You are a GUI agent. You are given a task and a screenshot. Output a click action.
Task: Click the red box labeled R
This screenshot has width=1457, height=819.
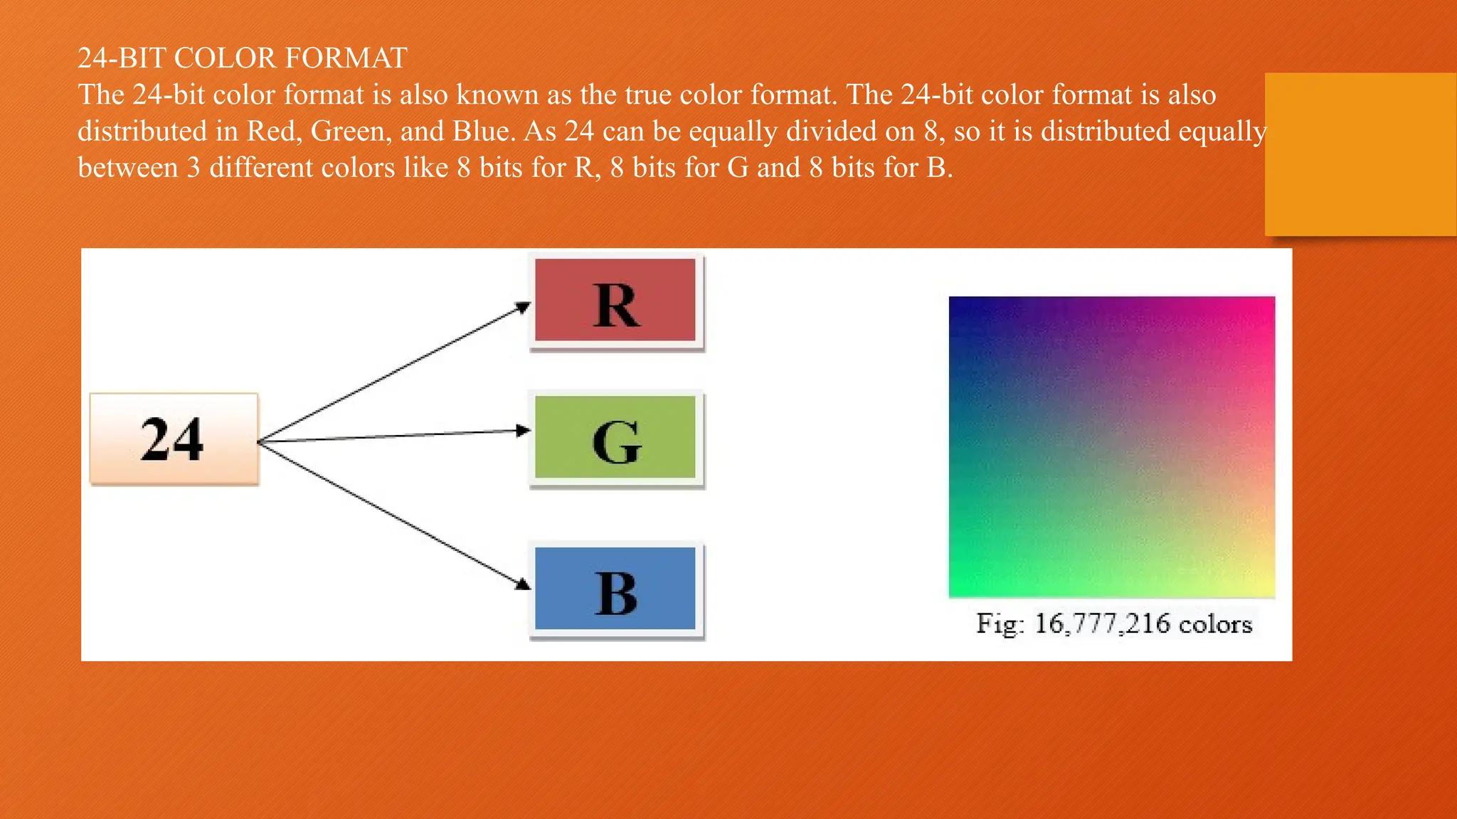click(x=615, y=301)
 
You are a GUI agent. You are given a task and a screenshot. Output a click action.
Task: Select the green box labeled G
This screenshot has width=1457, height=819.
click(x=615, y=438)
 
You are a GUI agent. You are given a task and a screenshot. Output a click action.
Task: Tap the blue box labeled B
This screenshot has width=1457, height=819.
click(x=615, y=589)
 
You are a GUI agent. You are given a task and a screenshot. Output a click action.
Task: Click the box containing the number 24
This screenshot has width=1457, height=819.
click(x=174, y=439)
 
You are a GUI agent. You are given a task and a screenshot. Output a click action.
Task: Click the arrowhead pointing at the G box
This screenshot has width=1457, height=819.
click(x=524, y=430)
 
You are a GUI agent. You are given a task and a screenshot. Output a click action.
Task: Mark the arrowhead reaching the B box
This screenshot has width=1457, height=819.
click(x=524, y=584)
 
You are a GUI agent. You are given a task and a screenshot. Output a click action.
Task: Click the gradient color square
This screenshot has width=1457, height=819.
click(x=1112, y=446)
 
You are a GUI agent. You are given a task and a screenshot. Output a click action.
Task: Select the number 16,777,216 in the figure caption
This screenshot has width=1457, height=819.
click(x=1102, y=623)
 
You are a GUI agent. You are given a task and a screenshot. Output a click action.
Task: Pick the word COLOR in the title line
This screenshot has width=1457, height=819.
click(x=225, y=58)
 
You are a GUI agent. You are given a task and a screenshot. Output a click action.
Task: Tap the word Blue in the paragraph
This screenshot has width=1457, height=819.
click(x=482, y=131)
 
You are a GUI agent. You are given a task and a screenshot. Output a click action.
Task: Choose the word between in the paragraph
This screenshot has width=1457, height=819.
click(x=127, y=168)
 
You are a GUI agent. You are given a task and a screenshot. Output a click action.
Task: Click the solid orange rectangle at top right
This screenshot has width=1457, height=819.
click(x=1360, y=154)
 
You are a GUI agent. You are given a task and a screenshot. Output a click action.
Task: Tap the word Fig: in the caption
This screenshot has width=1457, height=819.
click(x=1000, y=623)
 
